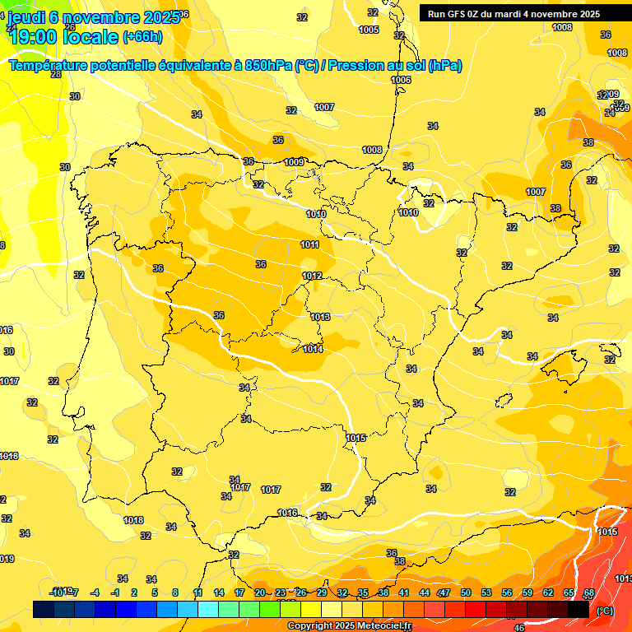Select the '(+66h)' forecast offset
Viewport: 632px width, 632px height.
[142, 37]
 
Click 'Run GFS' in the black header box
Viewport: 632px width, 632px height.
[451, 14]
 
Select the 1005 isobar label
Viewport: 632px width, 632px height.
[369, 30]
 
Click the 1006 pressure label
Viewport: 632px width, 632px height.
[401, 80]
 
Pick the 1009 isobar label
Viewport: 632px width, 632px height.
[294, 162]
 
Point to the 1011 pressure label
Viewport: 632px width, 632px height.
[310, 244]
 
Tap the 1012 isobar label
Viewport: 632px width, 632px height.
[312, 276]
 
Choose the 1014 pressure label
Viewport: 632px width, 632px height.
[313, 349]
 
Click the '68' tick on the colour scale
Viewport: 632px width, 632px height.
[589, 592]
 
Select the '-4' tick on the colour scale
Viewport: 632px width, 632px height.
[95, 592]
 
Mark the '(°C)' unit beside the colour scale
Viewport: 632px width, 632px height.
[605, 611]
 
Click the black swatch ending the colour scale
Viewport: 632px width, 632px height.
[578, 609]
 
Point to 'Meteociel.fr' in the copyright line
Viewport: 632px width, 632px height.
[382, 626]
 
